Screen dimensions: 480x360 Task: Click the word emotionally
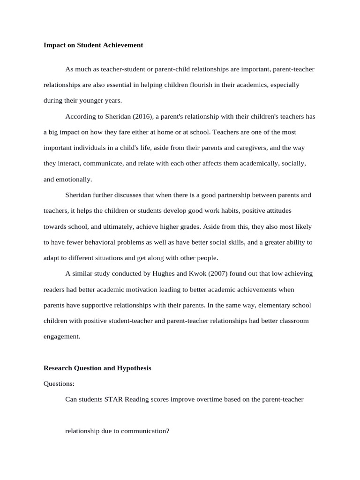(x=75, y=179)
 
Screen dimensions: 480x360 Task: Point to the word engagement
(x=61, y=337)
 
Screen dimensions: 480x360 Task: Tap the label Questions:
(x=59, y=384)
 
